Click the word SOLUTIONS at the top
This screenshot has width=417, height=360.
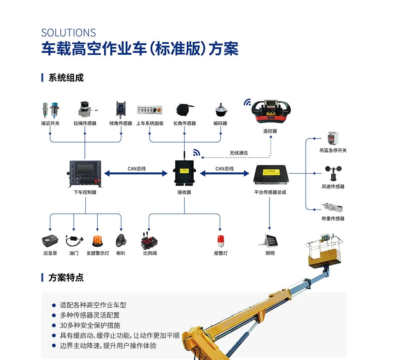[68, 33]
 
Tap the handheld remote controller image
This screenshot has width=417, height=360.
[271, 112]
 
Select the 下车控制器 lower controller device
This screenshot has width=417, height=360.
[85, 174]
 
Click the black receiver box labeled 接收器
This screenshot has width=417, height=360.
[184, 171]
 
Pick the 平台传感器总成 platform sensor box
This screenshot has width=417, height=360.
[271, 174]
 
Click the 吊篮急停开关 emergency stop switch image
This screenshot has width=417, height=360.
[333, 138]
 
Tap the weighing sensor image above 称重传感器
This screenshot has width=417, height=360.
[333, 207]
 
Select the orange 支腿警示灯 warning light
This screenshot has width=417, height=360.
[97, 241]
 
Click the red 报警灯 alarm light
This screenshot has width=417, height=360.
[220, 241]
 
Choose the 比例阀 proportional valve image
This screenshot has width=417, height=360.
[149, 240]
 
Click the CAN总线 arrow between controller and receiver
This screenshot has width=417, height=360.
[136, 174]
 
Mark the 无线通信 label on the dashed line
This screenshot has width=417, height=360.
[238, 153]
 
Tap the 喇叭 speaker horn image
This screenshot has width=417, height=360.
[121, 240]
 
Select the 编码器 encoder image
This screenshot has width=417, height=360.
[221, 110]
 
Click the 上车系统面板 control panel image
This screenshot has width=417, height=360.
[149, 110]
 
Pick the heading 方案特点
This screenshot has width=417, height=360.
[66, 278]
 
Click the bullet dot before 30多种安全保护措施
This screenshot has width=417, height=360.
[54, 325]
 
